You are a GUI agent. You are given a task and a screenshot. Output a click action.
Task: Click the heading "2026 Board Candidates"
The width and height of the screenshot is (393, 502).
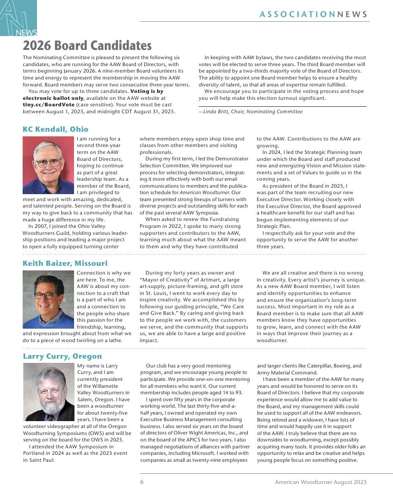coord(87,46)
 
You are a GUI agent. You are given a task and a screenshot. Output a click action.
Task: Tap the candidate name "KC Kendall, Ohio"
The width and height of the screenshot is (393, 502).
coord(55,129)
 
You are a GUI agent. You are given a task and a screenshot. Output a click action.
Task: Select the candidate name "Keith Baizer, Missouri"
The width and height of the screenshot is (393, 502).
coord(65,263)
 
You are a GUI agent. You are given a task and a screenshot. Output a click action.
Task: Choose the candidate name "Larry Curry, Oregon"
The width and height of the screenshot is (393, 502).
coord(62,356)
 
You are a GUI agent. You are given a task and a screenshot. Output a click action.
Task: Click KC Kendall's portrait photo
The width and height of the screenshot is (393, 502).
coord(48,165)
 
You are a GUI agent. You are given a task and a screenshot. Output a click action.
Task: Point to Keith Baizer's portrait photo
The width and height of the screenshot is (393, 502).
coord(48,299)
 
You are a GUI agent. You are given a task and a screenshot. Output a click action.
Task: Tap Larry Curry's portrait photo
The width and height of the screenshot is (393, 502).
coord(49,392)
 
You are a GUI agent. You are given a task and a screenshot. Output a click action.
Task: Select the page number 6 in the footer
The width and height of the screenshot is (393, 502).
coord(142,482)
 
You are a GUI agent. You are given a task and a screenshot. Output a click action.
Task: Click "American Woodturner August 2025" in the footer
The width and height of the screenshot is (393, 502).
coord(320,482)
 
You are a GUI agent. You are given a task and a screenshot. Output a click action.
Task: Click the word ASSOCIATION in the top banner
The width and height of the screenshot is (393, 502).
coord(297,14)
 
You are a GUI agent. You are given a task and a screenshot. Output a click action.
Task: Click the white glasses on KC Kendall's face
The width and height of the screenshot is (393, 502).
coord(48,162)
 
